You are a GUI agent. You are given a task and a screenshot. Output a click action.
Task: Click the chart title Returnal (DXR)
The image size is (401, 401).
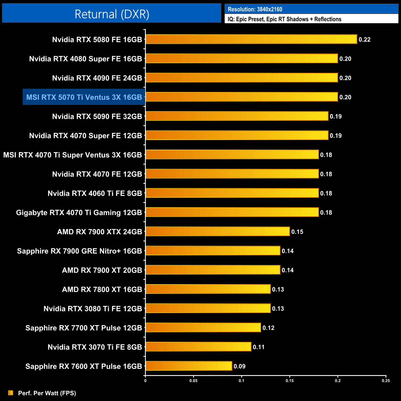(x=112, y=14)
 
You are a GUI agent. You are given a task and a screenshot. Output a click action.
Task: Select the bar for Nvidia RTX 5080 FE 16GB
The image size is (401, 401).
(x=251, y=39)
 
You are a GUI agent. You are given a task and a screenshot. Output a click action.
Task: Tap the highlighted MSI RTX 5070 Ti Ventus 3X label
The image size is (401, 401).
(x=84, y=97)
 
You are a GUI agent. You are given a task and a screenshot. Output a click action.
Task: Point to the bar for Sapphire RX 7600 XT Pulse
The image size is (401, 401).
(x=188, y=366)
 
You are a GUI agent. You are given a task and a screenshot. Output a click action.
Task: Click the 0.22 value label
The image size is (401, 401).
(x=364, y=40)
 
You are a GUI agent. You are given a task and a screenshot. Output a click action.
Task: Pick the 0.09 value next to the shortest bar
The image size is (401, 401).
(x=239, y=366)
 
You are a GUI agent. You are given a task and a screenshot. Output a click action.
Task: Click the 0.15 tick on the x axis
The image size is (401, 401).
(x=289, y=381)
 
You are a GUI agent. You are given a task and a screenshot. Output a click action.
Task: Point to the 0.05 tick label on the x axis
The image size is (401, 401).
(x=193, y=381)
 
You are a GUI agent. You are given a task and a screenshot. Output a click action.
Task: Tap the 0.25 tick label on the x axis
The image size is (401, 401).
(x=386, y=381)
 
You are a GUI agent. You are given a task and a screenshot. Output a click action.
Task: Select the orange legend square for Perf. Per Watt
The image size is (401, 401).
(x=11, y=393)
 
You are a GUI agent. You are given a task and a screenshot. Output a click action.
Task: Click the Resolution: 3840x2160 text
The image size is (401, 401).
(x=255, y=9)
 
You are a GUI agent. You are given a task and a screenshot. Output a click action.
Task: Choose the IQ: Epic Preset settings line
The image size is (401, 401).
(x=284, y=19)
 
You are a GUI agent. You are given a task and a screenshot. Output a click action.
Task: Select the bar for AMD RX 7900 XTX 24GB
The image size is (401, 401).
(x=217, y=232)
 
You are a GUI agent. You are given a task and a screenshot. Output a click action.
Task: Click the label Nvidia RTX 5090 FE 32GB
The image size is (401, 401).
(x=97, y=117)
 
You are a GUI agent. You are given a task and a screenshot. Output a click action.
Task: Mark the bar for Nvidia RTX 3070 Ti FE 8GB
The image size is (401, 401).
(x=198, y=347)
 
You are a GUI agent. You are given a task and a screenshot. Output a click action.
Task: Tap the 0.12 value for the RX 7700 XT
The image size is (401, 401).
(x=268, y=328)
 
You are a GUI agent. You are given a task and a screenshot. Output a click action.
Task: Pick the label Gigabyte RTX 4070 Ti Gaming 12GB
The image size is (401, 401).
(x=79, y=213)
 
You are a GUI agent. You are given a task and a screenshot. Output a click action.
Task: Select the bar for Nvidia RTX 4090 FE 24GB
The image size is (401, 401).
(x=242, y=78)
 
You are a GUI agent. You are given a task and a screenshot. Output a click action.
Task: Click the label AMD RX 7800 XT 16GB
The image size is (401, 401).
(x=102, y=290)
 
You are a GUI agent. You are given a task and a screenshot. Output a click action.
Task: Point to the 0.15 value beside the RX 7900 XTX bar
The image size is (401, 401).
(x=297, y=232)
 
